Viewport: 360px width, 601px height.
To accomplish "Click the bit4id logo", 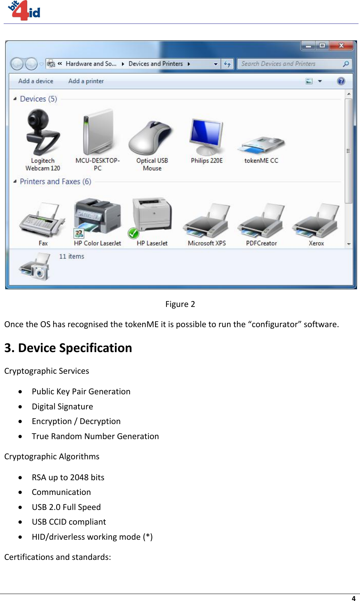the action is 24,10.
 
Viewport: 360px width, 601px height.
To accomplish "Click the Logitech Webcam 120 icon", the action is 43,133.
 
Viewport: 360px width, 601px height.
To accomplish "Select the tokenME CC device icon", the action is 261,145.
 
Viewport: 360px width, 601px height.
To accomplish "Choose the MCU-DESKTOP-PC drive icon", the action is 98,133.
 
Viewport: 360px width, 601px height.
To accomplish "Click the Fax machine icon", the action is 42,220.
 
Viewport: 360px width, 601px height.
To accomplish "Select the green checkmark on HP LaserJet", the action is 133,233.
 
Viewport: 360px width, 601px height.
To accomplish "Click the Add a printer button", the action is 86,81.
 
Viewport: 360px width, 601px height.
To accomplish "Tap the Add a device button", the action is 36,81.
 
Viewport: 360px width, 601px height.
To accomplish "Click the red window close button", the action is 341,46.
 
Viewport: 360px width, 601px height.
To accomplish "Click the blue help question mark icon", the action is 341,81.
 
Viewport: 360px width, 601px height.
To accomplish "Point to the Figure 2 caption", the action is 180,304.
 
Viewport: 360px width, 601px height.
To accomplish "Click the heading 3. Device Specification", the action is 68,348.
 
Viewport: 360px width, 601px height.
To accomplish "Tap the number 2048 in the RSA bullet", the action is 79,477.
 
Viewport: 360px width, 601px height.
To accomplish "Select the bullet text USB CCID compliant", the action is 69,522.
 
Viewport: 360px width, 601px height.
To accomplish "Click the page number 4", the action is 353,598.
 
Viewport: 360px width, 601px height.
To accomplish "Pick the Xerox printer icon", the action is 316,220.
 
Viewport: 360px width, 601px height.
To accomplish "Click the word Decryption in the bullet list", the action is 100,421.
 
